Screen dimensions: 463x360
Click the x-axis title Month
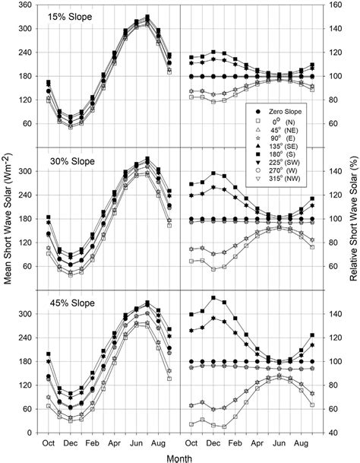point(180,456)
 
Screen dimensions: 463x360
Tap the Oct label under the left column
point(48,442)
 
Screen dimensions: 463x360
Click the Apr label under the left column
point(113,442)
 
